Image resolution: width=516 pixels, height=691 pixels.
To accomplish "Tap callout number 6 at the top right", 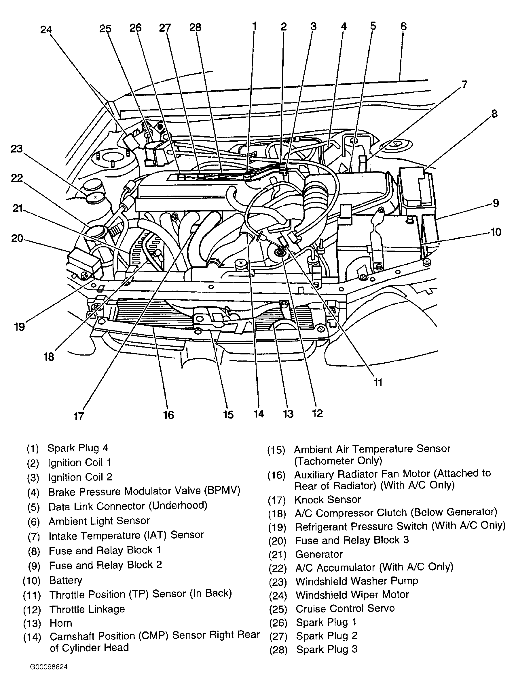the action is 403,26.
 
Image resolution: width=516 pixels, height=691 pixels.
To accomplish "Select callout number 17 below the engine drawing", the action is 78,416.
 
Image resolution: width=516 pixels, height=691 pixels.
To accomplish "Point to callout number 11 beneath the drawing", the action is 378,383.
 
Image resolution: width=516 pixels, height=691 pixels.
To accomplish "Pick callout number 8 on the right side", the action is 494,114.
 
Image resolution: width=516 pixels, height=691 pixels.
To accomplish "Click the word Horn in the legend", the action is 61,623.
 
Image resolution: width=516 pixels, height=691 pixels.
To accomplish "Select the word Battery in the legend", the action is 66,580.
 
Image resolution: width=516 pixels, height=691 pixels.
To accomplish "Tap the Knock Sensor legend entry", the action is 328,499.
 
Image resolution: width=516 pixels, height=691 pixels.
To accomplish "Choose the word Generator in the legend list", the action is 319,554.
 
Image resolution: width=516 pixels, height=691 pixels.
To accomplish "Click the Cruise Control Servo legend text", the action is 345,608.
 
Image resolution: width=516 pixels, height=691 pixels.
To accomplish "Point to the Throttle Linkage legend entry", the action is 87,609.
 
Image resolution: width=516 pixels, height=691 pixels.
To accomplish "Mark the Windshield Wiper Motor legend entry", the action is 352,595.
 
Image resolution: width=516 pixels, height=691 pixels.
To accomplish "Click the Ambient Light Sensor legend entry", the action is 99,521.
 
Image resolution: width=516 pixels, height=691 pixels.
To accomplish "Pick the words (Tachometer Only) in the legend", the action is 338,461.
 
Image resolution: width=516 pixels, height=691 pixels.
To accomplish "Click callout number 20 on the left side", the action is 17,238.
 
